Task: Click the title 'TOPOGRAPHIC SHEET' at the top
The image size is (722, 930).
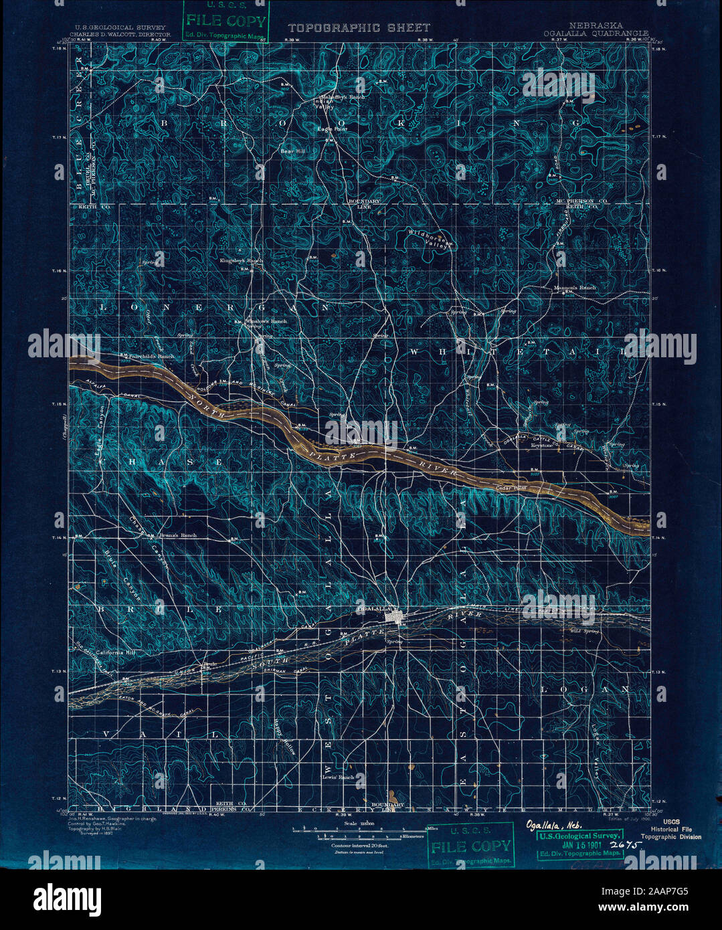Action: click(x=359, y=28)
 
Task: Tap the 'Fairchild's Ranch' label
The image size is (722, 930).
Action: click(x=151, y=357)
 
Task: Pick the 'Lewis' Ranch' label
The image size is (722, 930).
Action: click(x=337, y=777)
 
